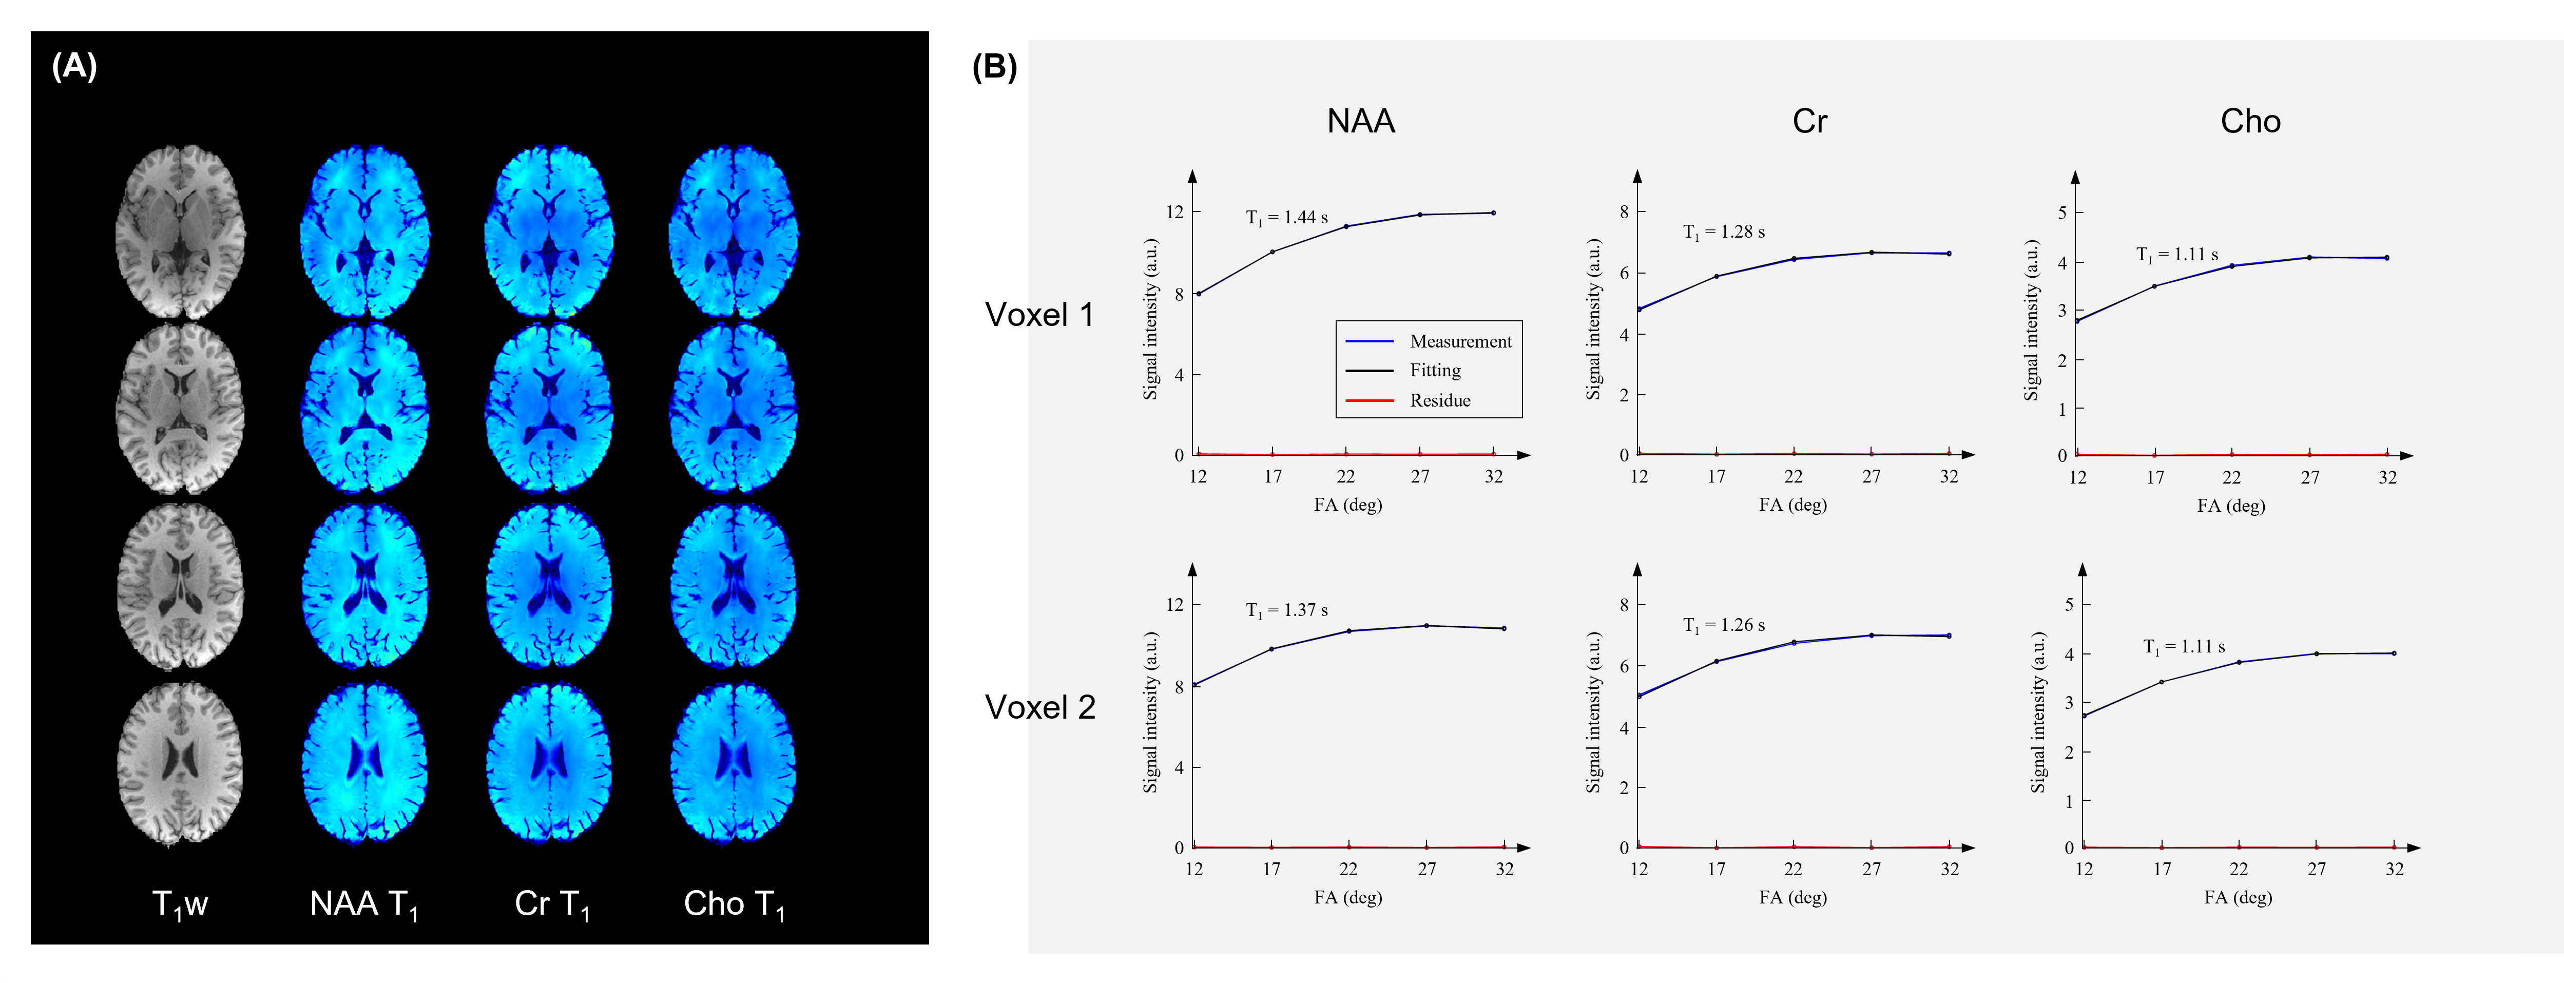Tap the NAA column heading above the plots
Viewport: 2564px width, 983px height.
pos(1361,121)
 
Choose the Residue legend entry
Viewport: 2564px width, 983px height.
pos(1439,400)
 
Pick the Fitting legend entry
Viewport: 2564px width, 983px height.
pos(1434,370)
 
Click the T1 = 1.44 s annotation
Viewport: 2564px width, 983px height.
pos(1286,218)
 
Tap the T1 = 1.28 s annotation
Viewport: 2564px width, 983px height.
pos(1723,232)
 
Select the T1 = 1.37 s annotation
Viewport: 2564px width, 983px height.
pos(1286,610)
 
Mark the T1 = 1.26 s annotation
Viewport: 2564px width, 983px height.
pos(1723,625)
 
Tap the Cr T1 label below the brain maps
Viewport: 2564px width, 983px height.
pos(551,903)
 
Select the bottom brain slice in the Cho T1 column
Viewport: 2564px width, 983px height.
pos(734,763)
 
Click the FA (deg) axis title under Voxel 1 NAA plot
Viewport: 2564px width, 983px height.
pos(1347,505)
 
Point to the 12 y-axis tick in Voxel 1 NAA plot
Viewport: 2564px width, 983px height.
pos(1175,212)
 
